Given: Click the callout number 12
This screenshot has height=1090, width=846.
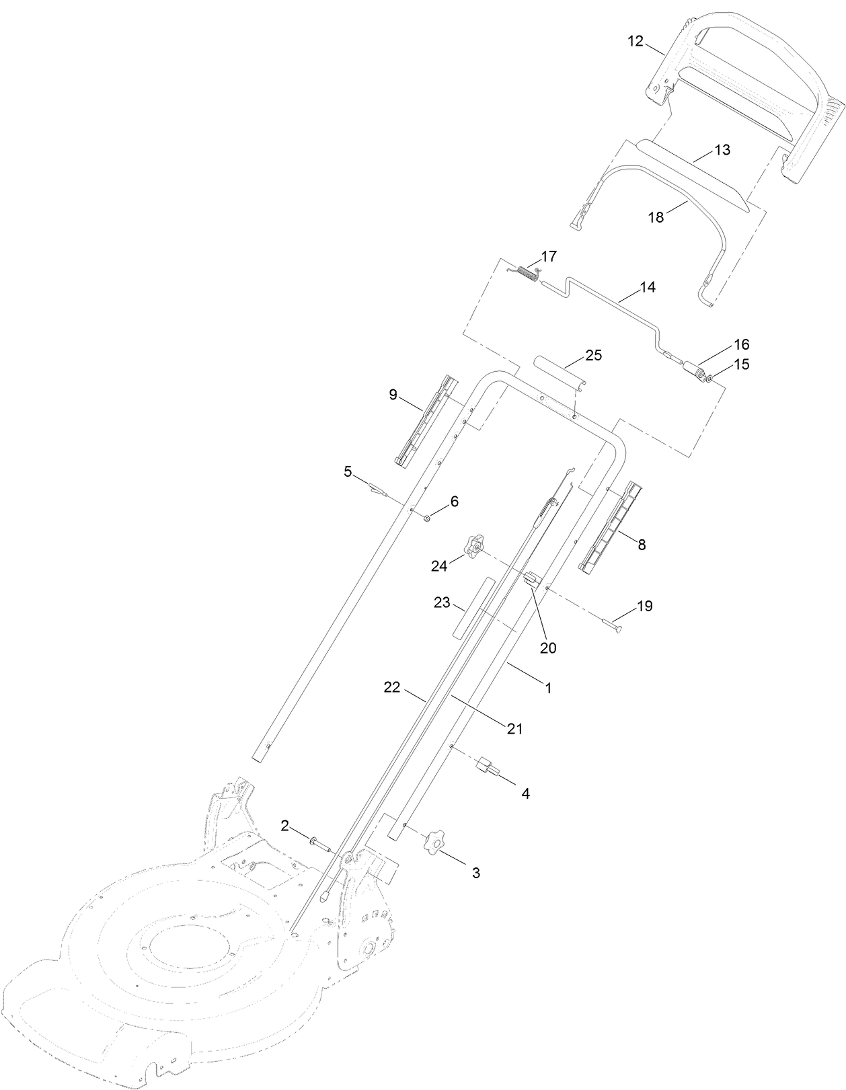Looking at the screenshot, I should [x=636, y=41].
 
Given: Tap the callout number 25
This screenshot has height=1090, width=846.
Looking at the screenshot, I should [x=594, y=355].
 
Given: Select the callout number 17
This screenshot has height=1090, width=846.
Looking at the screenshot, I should [x=549, y=256].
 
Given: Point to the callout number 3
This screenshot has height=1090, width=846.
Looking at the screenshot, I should [x=475, y=873].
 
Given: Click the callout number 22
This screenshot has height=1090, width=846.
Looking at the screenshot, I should [x=392, y=687].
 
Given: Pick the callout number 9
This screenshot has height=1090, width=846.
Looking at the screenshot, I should [x=393, y=395].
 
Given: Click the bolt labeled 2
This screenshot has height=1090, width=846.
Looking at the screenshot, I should [x=319, y=842].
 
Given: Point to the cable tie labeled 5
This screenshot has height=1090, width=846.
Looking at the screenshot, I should [x=377, y=490].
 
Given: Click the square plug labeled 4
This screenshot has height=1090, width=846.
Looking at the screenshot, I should [x=489, y=767].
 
